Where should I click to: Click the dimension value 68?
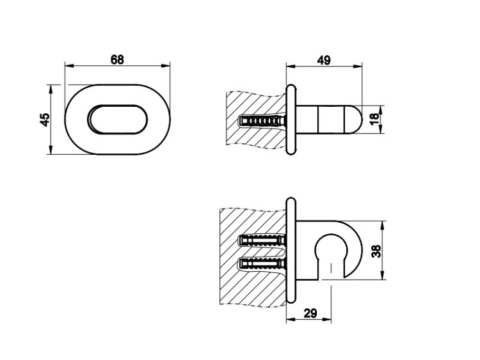[x=117, y=59]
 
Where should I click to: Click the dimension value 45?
[x=45, y=120]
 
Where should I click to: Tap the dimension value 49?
[x=324, y=60]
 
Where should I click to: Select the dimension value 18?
[x=374, y=119]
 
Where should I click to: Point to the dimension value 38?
[x=376, y=251]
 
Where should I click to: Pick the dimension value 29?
[x=310, y=313]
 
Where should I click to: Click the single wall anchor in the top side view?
[x=262, y=121]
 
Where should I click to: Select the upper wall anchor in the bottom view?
[x=262, y=240]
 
